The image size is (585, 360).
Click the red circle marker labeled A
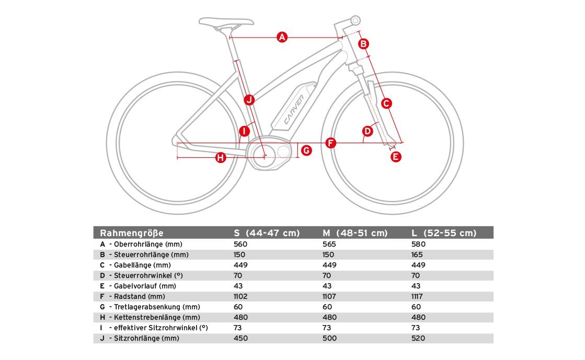pyautogui.click(x=282, y=37)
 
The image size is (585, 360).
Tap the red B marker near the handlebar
pyautogui.click(x=364, y=43)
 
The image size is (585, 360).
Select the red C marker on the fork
pyautogui.click(x=386, y=103)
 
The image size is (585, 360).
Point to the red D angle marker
pyautogui.click(x=368, y=131)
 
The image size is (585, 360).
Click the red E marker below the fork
pyautogui.click(x=396, y=156)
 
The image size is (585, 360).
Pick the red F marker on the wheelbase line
pyautogui.click(x=330, y=143)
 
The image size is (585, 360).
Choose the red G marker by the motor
pyautogui.click(x=306, y=150)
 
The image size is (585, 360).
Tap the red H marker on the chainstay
pyautogui.click(x=221, y=157)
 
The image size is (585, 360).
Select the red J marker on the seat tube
pyautogui.click(x=249, y=99)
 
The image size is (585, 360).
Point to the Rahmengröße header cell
pyautogui.click(x=132, y=233)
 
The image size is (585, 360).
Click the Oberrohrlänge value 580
pyautogui.click(x=419, y=244)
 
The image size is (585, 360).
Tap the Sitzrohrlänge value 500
pyautogui.click(x=330, y=338)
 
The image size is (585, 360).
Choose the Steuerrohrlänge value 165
pyautogui.click(x=419, y=254)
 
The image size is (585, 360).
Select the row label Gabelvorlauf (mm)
pyautogui.click(x=142, y=286)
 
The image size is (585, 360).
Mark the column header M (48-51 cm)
pyautogui.click(x=355, y=233)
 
